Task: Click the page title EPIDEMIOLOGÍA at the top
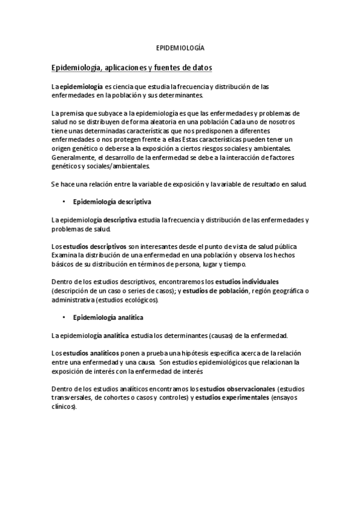click(x=180, y=46)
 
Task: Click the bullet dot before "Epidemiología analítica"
click(x=63, y=316)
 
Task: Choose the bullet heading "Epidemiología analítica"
click(x=108, y=316)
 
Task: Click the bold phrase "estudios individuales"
click(x=247, y=281)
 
